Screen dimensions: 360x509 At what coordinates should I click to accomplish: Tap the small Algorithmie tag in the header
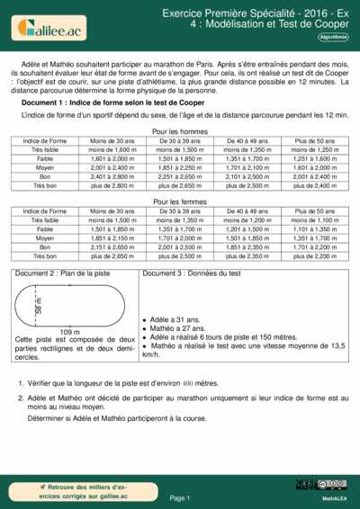pos(332,37)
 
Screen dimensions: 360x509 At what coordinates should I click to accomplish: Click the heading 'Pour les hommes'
pos(179,131)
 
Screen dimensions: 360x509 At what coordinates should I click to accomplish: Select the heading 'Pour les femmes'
pos(179,202)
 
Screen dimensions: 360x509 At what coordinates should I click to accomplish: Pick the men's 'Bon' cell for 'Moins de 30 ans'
pos(113,176)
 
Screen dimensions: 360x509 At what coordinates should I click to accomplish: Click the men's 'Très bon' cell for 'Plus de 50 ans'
pos(314,185)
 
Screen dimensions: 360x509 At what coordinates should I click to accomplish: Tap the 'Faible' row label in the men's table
pos(45,158)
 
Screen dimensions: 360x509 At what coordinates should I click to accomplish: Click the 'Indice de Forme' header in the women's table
pos(45,211)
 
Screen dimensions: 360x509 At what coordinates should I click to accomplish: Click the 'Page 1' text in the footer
pos(179,497)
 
